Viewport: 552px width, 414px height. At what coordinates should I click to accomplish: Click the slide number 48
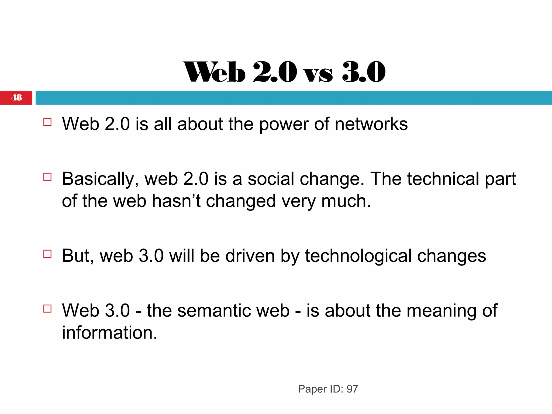pyautogui.click(x=16, y=97)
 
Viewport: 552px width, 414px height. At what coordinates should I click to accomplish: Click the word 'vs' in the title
pyautogui.click(x=318, y=74)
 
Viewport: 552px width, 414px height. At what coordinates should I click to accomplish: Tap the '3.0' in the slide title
pyautogui.click(x=364, y=72)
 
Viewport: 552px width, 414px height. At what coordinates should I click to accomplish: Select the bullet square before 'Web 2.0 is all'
pyautogui.click(x=47, y=122)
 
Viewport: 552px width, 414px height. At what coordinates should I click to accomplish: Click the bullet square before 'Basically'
pyautogui.click(x=47, y=177)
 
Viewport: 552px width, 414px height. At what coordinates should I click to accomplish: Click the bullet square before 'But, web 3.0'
pyautogui.click(x=47, y=254)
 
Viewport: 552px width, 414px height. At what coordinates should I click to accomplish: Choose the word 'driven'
pyautogui.click(x=250, y=256)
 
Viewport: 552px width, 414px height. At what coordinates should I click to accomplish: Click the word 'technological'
pyautogui.click(x=358, y=256)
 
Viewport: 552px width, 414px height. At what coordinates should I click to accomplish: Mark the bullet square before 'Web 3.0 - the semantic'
pyautogui.click(x=47, y=309)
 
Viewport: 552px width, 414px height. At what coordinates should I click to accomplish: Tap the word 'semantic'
pyautogui.click(x=233, y=310)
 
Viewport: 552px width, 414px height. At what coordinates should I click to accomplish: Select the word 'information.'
pyautogui.click(x=109, y=333)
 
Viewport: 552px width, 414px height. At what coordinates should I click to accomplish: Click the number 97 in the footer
pyautogui.click(x=352, y=389)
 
